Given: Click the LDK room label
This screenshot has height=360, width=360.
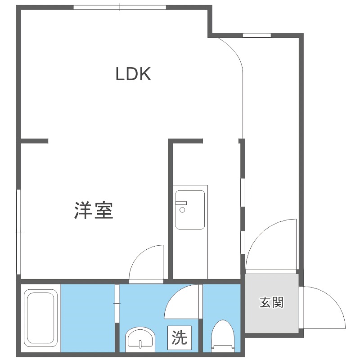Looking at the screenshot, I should coord(133,74).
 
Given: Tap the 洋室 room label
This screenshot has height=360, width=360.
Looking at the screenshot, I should coord(94,210).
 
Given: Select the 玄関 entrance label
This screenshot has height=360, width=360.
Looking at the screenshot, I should coord(272,302).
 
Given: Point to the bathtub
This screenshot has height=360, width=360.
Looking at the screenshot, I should coord(40,317).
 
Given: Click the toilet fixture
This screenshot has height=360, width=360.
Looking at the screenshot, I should coord(222,336).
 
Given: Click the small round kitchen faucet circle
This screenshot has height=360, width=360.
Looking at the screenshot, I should coord(182,210).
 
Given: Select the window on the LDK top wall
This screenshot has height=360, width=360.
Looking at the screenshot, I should coord(120,7).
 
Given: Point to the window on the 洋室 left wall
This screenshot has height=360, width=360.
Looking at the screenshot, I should coord(18,231).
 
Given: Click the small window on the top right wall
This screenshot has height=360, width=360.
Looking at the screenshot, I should coord(256,35).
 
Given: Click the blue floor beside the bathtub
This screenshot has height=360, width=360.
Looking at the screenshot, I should coord(87,317).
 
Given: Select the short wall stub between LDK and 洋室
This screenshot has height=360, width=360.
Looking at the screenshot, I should coord(34,141).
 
